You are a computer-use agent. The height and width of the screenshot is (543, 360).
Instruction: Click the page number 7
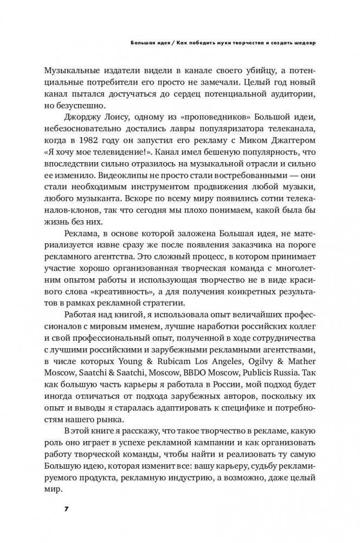[66, 509]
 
